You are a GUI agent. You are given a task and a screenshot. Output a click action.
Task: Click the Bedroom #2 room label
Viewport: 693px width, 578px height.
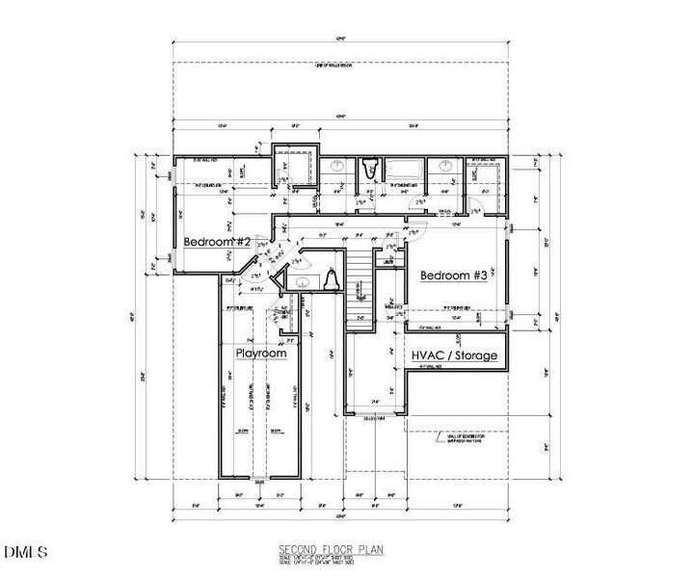pos(217,242)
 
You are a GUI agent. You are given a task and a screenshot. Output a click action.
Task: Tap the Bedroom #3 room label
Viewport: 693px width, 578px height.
pos(453,276)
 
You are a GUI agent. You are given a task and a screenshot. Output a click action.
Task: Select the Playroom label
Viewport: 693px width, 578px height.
pos(262,354)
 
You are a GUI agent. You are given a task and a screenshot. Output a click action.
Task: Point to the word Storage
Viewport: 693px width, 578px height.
pos(478,355)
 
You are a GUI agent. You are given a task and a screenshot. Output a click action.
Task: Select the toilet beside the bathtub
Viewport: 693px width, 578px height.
pos(368,171)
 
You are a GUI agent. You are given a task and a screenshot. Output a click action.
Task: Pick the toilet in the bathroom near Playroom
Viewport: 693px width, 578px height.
pos(330,279)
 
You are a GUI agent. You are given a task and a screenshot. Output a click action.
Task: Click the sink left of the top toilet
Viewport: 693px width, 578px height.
pos(338,168)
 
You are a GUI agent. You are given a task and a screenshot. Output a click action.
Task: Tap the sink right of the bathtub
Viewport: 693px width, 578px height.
pos(446,168)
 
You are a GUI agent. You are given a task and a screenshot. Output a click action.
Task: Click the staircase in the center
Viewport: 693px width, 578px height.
pos(358,289)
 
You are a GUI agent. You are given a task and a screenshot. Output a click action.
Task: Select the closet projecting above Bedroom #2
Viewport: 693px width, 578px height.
pos(294,166)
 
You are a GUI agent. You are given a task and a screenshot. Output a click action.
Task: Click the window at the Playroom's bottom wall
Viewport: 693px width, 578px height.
pos(260,479)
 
